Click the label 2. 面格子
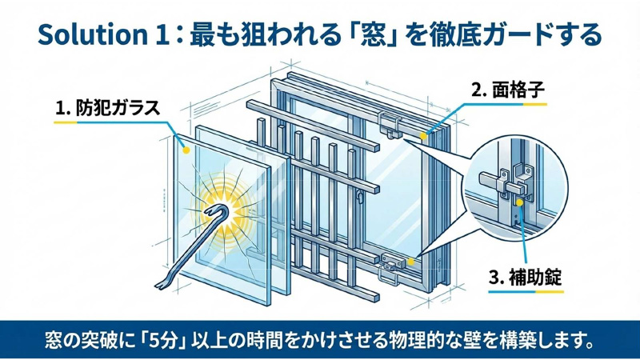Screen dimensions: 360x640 click(x=507, y=91)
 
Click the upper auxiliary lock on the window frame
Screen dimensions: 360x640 click(x=390, y=125)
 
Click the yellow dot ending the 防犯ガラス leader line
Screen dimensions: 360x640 click(x=184, y=148)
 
